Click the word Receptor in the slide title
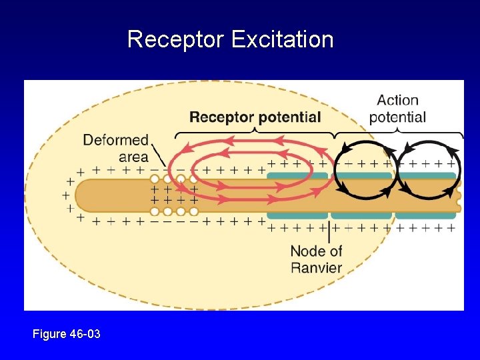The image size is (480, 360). tap(176, 39)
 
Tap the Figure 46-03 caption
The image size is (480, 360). tap(67, 333)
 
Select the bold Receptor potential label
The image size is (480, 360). tap(255, 117)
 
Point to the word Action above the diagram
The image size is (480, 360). tap(397, 101)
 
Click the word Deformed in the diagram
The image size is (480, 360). tap(115, 140)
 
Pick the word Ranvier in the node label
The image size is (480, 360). tap(316, 267)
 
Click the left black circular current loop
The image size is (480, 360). tap(365, 170)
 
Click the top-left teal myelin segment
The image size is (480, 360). tap(297, 176)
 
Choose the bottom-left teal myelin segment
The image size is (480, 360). tap(297, 215)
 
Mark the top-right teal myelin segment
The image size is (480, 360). tap(427, 176)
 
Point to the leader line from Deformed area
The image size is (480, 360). tap(158, 155)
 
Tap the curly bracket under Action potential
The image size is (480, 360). tap(398, 134)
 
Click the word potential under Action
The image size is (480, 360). tap(397, 117)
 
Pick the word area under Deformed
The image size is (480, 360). tap(133, 157)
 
